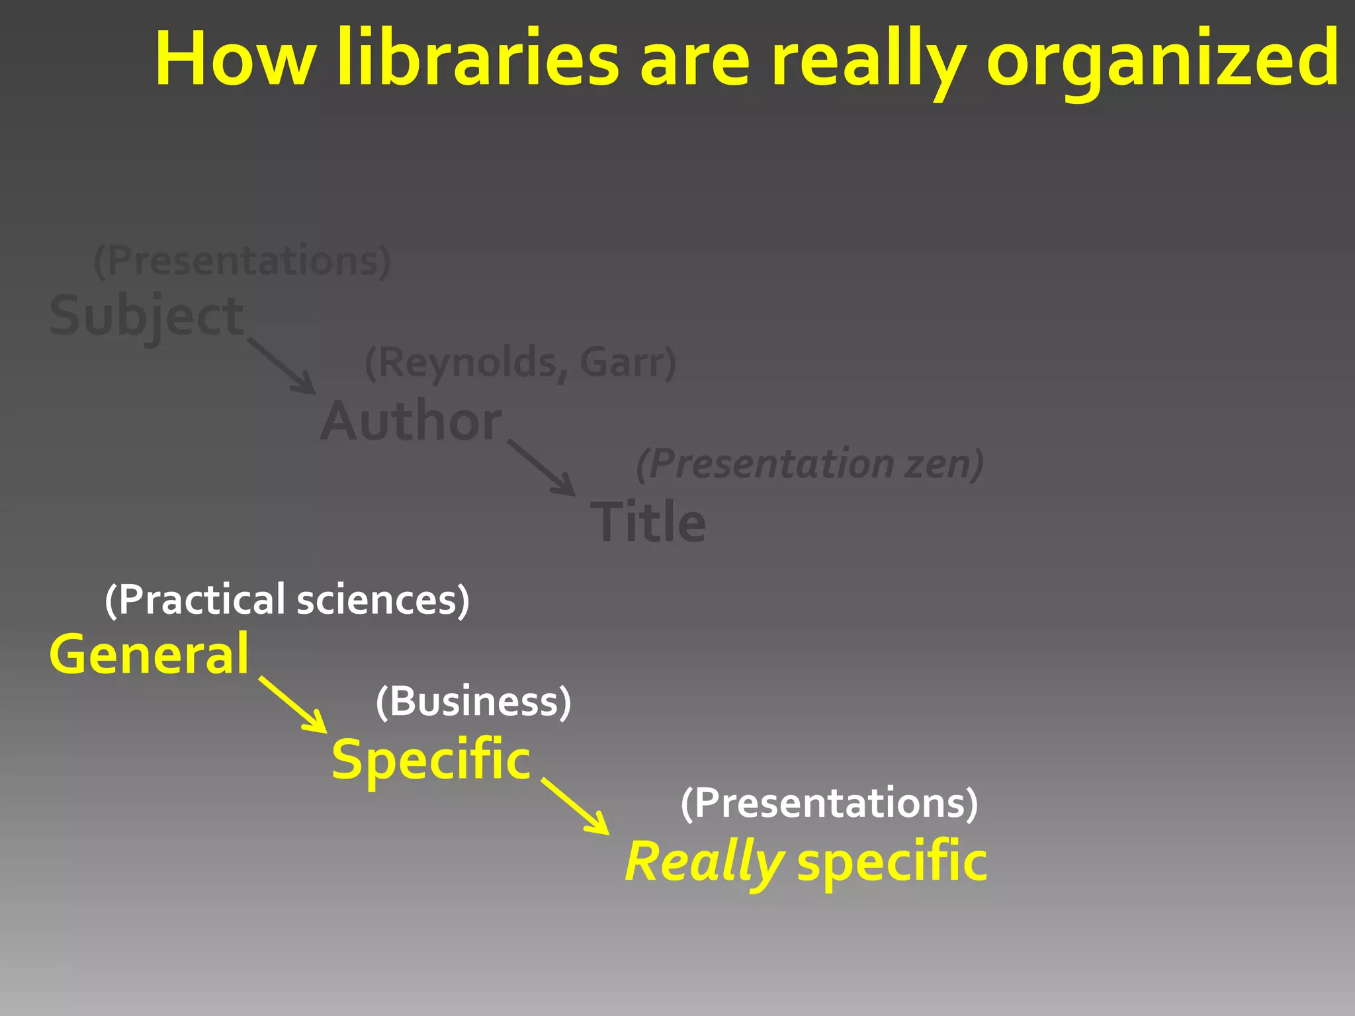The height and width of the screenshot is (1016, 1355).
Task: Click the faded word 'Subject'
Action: click(147, 316)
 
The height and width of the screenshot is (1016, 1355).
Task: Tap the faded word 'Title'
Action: click(648, 522)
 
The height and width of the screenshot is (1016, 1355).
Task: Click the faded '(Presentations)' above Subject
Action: click(242, 260)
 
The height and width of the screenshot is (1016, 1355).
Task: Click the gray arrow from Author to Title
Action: click(542, 468)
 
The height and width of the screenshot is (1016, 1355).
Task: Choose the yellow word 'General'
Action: click(150, 654)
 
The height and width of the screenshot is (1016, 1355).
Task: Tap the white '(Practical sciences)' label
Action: click(287, 600)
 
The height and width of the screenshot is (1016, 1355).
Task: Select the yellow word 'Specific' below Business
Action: click(431, 759)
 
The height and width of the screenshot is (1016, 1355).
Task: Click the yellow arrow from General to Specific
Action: click(293, 704)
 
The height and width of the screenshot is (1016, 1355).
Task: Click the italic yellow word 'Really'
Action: click(705, 862)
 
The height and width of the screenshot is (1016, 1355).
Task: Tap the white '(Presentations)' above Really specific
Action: click(829, 803)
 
